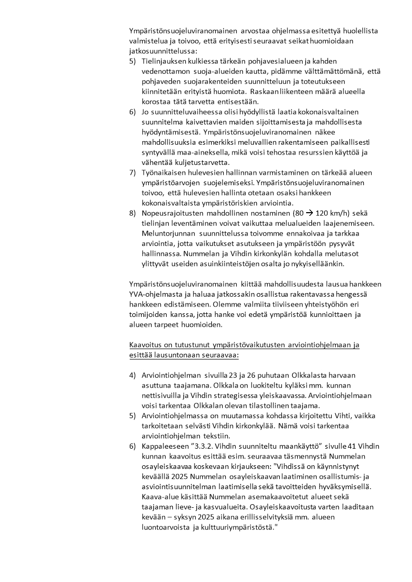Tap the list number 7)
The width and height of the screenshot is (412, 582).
pyautogui.click(x=133, y=172)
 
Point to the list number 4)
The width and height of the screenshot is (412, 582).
pyautogui.click(x=133, y=375)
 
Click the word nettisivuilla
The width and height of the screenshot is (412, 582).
pyautogui.click(x=162, y=395)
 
